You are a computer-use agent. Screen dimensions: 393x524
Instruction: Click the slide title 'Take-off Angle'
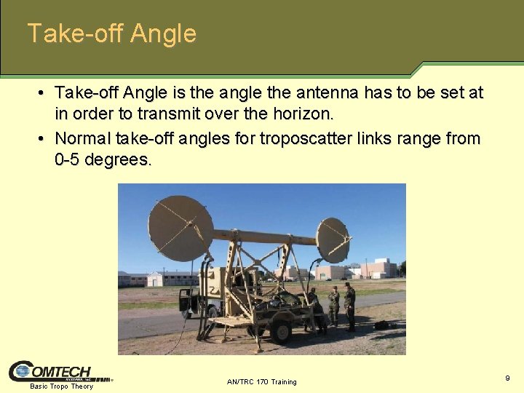(x=111, y=33)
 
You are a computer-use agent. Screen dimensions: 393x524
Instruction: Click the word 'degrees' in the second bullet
(x=117, y=160)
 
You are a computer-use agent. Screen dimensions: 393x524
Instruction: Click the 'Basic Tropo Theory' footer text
(x=61, y=386)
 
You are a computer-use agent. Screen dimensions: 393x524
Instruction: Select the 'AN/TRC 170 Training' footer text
(x=262, y=381)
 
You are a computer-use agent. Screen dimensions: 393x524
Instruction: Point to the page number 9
(x=507, y=378)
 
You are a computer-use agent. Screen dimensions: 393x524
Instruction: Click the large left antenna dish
(x=180, y=227)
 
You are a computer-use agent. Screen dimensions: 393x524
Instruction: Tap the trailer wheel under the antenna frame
(x=280, y=331)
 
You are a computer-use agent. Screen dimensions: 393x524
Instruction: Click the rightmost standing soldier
(x=350, y=306)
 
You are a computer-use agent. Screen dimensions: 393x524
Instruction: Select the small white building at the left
(x=155, y=279)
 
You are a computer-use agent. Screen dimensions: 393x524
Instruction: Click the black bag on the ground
(x=381, y=325)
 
